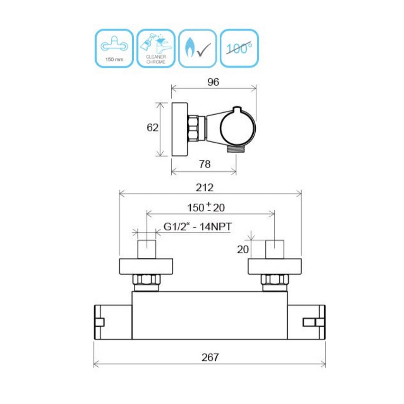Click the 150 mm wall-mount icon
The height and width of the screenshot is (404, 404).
coord(114,48)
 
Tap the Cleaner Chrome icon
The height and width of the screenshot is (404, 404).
coord(156,48)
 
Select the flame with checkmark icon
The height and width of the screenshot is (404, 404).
coord(198,48)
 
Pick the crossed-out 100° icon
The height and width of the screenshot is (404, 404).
coord(239,48)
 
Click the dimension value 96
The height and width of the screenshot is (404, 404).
coord(213,82)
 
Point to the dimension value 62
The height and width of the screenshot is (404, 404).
coord(153,128)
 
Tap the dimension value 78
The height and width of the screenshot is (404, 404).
coord(204,164)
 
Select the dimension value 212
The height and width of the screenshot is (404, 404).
coord(204,187)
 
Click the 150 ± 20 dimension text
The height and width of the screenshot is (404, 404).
coord(206,207)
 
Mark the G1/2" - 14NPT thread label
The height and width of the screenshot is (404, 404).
coord(198,227)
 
